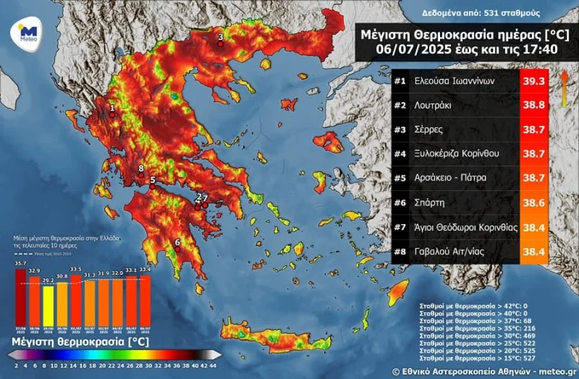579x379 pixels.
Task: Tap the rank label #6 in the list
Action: (x=400, y=202)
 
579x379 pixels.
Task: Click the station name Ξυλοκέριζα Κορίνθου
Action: (x=457, y=154)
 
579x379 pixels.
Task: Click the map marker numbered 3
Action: (x=221, y=42)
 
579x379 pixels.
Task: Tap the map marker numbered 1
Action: (x=112, y=114)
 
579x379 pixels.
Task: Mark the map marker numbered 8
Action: (x=141, y=174)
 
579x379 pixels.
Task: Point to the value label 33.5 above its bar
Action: (x=76, y=269)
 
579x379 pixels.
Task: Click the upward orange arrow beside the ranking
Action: (x=564, y=87)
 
